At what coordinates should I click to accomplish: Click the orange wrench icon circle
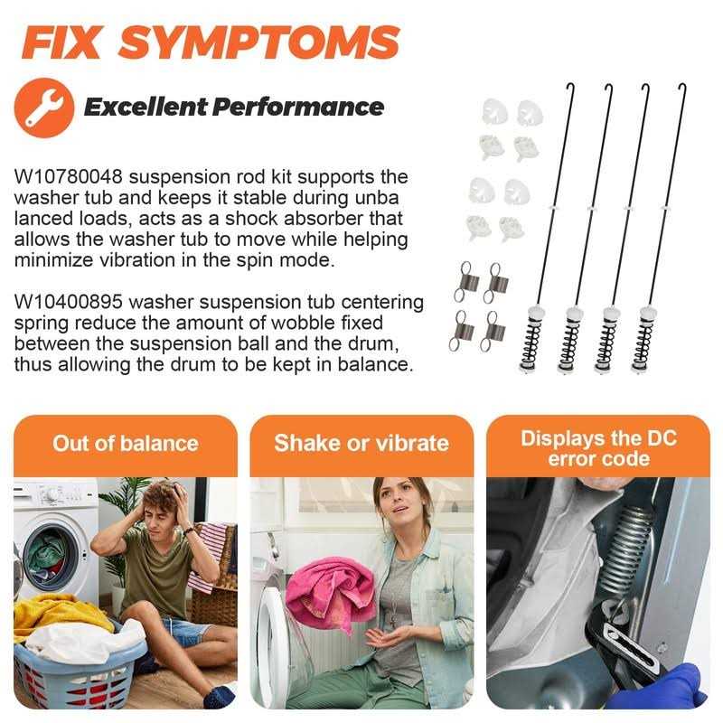coord(44,108)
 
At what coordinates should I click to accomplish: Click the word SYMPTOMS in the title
coord(258,42)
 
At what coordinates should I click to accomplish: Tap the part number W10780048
coord(69,176)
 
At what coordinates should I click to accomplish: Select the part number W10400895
coord(69,302)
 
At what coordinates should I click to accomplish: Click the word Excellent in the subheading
coord(146,107)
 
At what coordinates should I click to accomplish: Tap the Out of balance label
coord(126,444)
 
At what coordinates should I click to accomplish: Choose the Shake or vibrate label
coord(361,444)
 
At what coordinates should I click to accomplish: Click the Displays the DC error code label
coord(598,448)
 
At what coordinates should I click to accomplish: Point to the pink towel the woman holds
coord(330,594)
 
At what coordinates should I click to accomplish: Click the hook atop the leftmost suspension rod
coord(570,88)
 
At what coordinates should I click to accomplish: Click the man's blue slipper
coord(219,696)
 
